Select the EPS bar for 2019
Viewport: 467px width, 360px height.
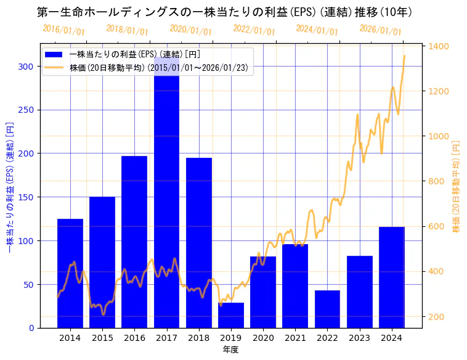(x=231, y=315)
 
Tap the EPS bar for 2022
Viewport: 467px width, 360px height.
(x=327, y=309)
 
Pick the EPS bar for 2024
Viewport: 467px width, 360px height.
(x=392, y=277)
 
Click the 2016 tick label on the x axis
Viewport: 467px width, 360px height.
(x=134, y=338)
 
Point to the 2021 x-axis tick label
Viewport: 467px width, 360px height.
(x=295, y=338)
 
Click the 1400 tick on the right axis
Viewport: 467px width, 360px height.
(x=438, y=46)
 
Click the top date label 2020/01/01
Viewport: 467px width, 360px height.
(x=190, y=30)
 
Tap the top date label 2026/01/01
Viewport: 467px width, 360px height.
(x=380, y=30)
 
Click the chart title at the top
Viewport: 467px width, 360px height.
(x=224, y=12)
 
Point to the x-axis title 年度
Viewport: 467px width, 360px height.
(x=230, y=350)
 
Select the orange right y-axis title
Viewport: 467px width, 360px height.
(x=457, y=186)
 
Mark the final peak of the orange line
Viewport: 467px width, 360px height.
(x=404, y=56)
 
